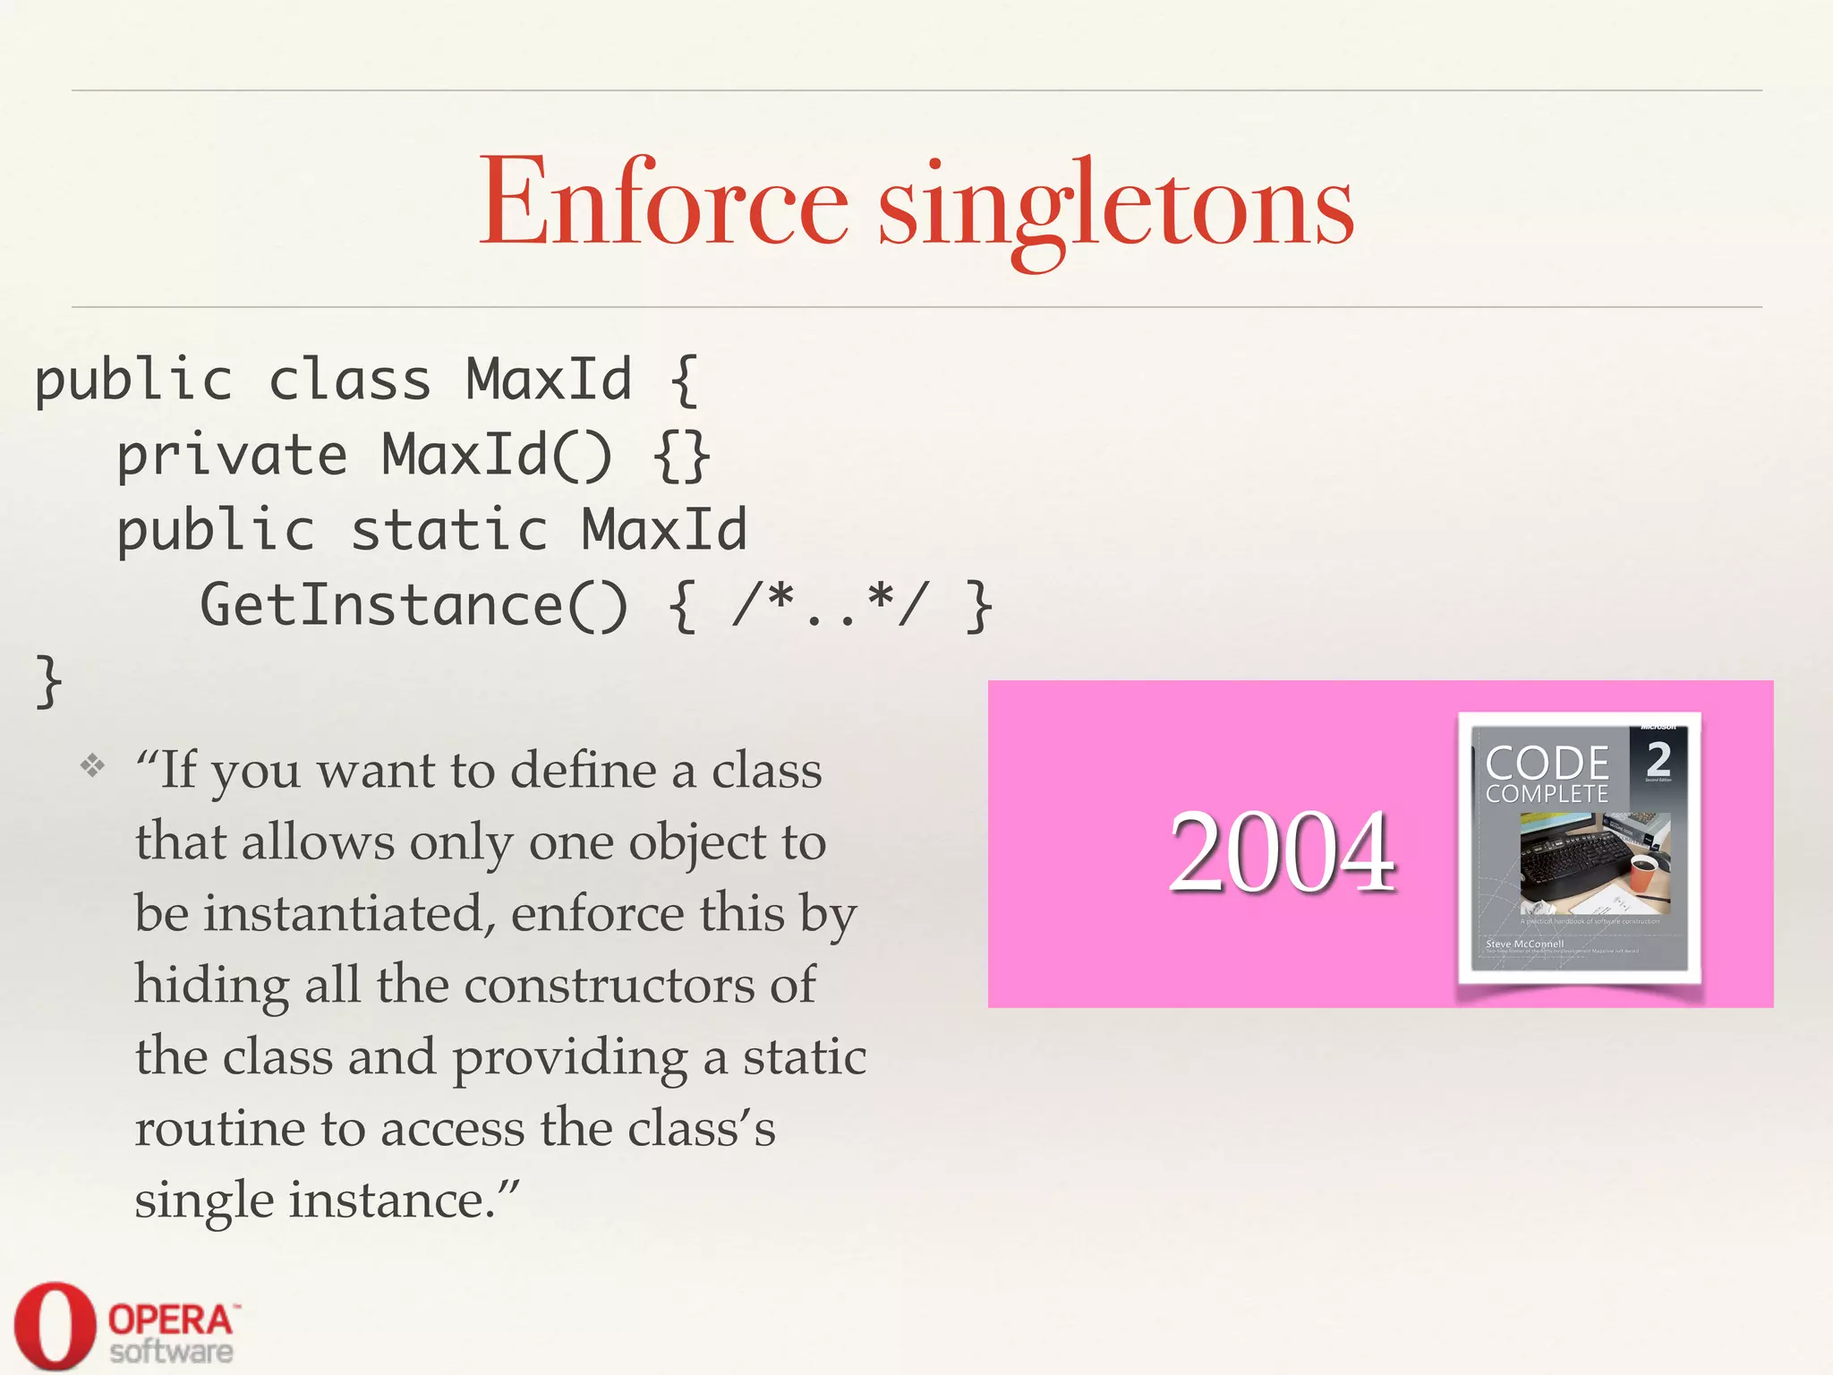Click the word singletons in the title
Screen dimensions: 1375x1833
[1116, 208]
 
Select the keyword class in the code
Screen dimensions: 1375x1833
[350, 380]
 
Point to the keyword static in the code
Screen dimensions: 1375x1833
[448, 530]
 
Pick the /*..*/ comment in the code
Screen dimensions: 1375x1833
[831, 604]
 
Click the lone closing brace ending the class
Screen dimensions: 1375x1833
[48, 681]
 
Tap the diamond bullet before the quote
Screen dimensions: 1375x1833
[92, 766]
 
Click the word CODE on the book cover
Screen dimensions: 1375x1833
[1547, 763]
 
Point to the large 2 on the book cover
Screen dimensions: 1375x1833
[1658, 758]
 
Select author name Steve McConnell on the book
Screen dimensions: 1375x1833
[1524, 944]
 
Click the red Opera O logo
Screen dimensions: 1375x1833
[54, 1325]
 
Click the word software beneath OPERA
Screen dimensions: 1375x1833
[171, 1352]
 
